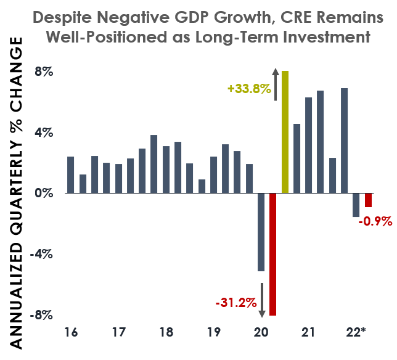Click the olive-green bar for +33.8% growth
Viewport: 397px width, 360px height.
coord(285,132)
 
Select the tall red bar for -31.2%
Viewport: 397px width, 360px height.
coord(273,254)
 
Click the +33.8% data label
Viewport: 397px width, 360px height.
coord(249,89)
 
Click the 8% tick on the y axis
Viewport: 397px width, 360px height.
coord(44,72)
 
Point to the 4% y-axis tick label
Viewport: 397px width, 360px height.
coord(44,133)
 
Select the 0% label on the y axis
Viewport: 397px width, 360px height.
coord(44,194)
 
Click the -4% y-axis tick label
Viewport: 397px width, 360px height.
coord(42,254)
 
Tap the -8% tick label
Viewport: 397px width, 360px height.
coord(42,315)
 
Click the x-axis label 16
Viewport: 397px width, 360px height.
coord(71,333)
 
